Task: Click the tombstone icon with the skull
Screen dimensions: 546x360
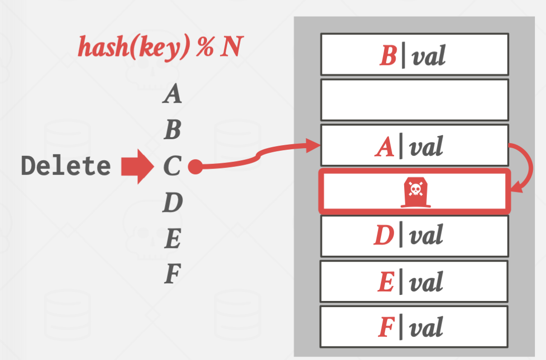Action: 414,193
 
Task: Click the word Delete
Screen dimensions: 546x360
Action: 66,166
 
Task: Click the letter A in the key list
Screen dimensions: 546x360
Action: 172,94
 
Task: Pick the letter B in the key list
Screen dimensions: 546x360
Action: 172,131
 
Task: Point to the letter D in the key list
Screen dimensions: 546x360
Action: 172,203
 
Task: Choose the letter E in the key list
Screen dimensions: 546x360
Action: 172,239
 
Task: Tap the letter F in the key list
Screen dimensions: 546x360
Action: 172,275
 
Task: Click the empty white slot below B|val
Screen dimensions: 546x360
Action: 414,99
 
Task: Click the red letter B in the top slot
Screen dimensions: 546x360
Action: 388,56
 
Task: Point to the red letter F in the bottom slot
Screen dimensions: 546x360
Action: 386,327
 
